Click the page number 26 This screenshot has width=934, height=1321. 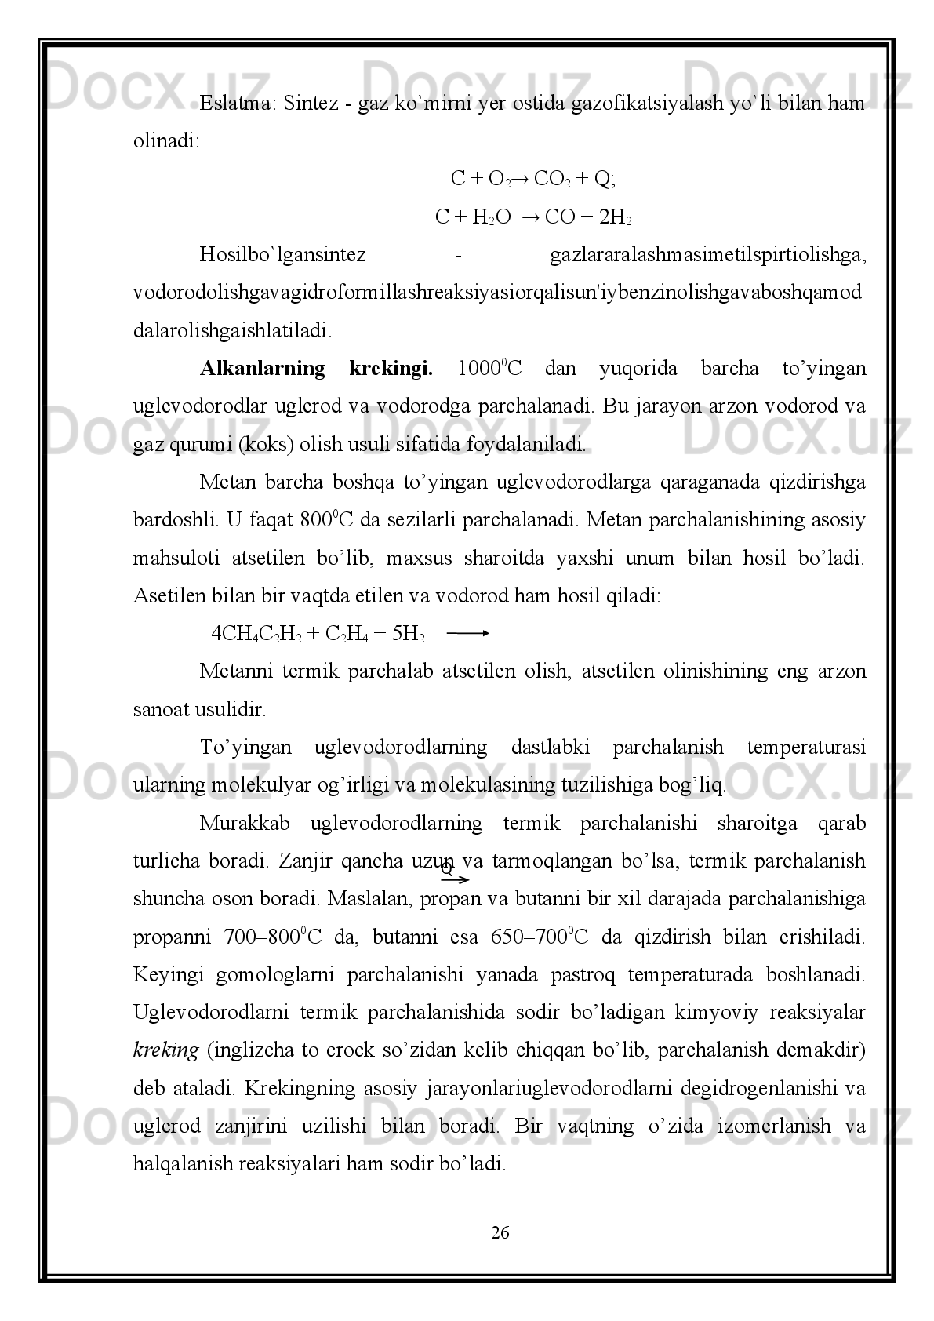(500, 1232)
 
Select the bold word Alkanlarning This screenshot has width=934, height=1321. (262, 368)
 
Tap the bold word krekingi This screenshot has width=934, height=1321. (391, 368)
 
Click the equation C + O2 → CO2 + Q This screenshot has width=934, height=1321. (533, 180)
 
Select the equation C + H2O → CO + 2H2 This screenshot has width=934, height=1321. (533, 217)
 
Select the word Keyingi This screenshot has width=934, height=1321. (169, 975)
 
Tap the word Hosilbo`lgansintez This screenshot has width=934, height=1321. (282, 255)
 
